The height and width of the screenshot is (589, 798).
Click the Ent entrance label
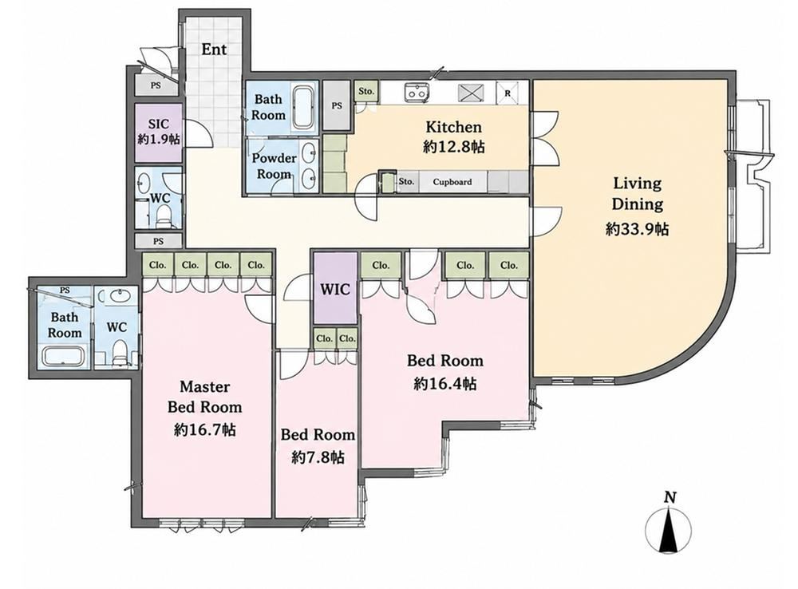click(x=214, y=49)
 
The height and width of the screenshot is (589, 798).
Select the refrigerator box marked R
click(x=507, y=93)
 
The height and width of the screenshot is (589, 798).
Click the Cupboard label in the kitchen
click(x=452, y=182)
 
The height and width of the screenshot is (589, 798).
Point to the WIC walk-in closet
click(x=335, y=288)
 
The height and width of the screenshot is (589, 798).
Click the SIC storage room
click(x=158, y=132)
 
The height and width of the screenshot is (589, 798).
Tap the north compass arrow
click(x=668, y=528)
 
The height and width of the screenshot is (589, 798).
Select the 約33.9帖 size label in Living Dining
click(x=637, y=229)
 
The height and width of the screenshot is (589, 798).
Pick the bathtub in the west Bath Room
click(x=64, y=356)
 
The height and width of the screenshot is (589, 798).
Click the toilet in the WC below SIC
click(x=162, y=215)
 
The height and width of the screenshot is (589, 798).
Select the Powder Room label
click(x=274, y=166)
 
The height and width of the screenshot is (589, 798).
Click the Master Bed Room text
click(x=204, y=397)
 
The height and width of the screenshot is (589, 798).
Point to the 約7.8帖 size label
click(x=318, y=457)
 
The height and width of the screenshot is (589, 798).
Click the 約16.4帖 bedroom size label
click(x=444, y=383)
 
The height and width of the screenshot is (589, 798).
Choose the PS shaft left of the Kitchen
click(x=337, y=106)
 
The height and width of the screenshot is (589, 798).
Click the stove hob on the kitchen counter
click(x=469, y=93)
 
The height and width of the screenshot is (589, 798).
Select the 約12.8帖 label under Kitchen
click(x=453, y=147)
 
